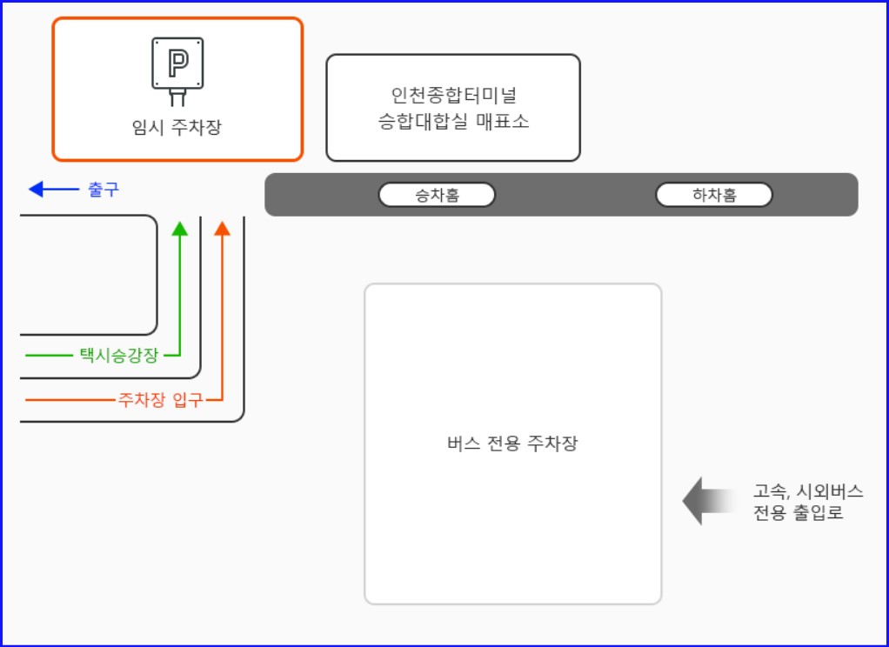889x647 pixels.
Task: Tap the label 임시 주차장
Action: tap(177, 128)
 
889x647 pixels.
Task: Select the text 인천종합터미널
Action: tap(453, 95)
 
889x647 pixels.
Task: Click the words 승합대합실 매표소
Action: tap(453, 122)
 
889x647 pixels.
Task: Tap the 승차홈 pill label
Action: tap(437, 196)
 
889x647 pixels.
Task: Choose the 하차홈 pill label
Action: tap(714, 196)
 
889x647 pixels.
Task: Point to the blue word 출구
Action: tap(104, 189)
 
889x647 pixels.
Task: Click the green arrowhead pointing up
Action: tap(180, 229)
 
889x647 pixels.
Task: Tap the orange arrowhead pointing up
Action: tap(222, 229)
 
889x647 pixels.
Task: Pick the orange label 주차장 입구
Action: tap(160, 400)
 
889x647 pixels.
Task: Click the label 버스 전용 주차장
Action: tap(512, 444)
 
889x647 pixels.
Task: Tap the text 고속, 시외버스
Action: tap(808, 491)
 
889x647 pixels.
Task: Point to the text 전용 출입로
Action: tap(798, 513)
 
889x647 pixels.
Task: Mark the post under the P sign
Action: tap(177, 97)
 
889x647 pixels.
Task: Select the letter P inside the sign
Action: tap(177, 62)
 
